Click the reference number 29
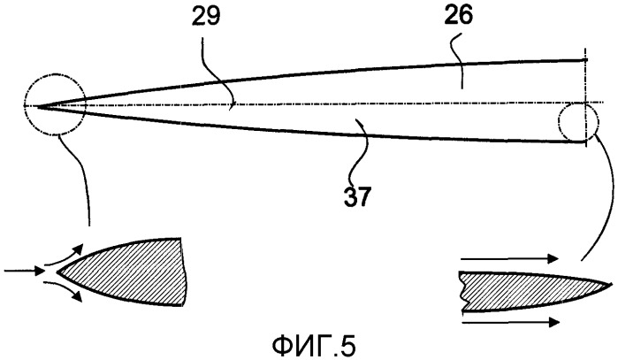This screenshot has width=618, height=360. click(x=206, y=17)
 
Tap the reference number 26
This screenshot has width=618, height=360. click(x=459, y=16)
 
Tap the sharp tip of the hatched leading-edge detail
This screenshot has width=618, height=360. click(x=57, y=272)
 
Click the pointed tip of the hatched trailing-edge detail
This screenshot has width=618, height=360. click(x=614, y=285)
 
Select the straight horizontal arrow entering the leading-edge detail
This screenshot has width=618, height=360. click(x=25, y=271)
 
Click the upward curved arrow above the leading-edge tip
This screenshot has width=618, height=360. click(x=64, y=255)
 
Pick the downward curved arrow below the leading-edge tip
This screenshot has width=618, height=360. click(x=63, y=288)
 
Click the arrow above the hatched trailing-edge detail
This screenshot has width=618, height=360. click(x=509, y=258)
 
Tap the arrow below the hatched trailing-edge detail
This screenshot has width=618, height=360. click(x=510, y=322)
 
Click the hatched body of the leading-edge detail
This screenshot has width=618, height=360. click(x=126, y=272)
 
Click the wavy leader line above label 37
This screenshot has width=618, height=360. click(x=362, y=152)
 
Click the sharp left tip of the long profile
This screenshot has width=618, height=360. click(x=36, y=105)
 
